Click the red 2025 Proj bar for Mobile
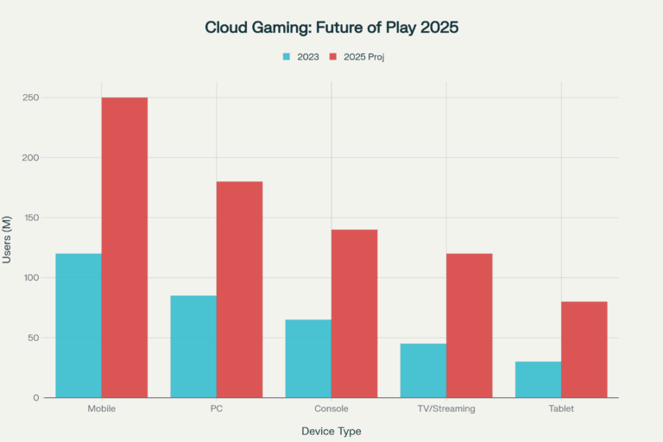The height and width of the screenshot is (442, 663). click(x=124, y=247)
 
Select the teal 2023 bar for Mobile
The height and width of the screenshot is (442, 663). click(x=79, y=325)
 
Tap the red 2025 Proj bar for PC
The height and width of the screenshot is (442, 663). click(x=239, y=289)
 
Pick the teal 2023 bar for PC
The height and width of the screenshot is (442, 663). click(x=193, y=346)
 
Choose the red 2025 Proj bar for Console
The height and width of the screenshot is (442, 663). click(x=354, y=313)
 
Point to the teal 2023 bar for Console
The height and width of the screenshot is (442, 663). click(x=308, y=358)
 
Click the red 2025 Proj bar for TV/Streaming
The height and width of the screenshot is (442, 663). click(x=469, y=325)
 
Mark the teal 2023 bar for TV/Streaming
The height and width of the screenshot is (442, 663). click(x=423, y=370)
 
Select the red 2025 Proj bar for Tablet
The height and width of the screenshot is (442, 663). click(x=584, y=349)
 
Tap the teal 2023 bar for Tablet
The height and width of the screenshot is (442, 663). click(x=538, y=379)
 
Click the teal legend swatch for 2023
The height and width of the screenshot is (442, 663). click(x=287, y=57)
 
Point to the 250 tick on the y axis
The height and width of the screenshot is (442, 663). click(x=32, y=98)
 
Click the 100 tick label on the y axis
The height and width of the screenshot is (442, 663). click(x=32, y=278)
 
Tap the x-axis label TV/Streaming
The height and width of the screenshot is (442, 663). click(x=445, y=409)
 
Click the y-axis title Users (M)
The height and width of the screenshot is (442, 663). click(x=8, y=248)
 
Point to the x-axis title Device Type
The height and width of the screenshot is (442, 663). click(x=331, y=430)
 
